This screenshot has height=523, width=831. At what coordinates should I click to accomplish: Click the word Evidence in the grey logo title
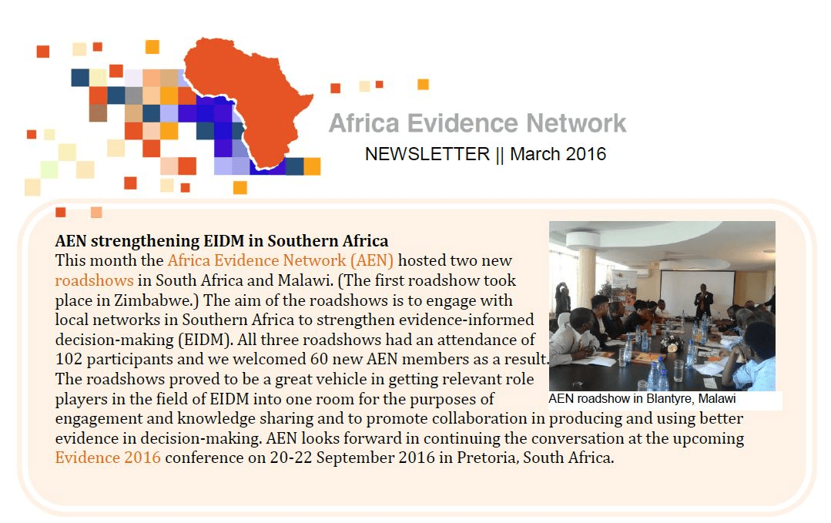[463, 123]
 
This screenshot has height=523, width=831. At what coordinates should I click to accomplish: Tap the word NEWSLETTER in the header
[427, 154]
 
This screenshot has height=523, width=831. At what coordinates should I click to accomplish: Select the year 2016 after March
[585, 154]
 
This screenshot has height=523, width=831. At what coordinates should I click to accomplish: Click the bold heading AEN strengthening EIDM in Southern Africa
[222, 240]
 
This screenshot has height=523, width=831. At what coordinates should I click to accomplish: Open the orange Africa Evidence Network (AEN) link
[280, 260]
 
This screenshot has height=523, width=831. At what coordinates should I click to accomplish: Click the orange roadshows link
[94, 280]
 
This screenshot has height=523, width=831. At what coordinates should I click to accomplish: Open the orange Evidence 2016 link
[108, 458]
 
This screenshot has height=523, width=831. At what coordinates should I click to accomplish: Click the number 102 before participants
[69, 359]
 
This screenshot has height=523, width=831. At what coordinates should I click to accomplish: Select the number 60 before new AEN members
[320, 359]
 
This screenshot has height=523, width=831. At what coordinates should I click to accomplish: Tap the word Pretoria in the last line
[487, 458]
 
